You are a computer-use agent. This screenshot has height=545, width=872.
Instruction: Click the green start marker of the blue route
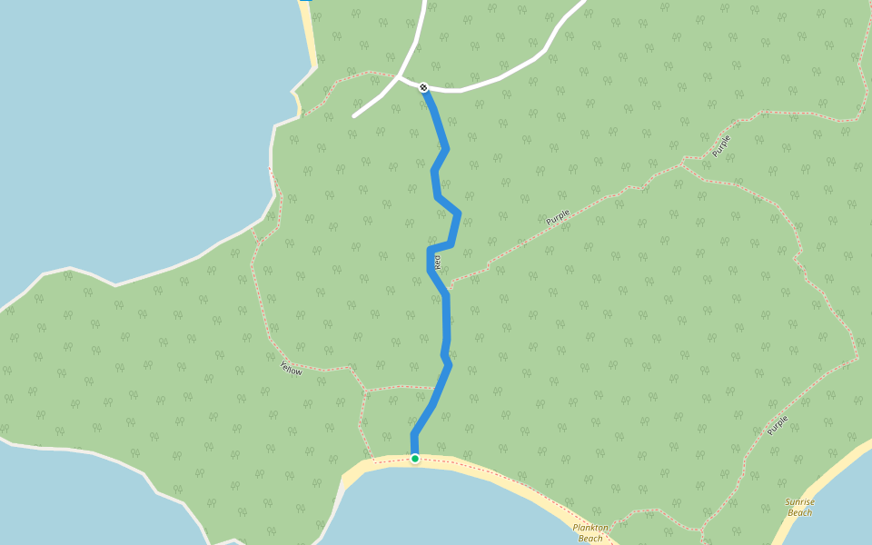pyautogui.click(x=415, y=459)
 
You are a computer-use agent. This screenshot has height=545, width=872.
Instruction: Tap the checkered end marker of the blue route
pyautogui.click(x=423, y=87)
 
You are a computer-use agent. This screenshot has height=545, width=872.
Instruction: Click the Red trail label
pyautogui.click(x=438, y=262)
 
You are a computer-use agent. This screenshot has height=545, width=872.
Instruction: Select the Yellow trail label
pyautogui.click(x=292, y=369)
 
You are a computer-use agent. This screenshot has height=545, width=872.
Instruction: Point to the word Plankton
pyautogui.click(x=590, y=527)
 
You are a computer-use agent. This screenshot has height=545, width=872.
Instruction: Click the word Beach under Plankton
pyautogui.click(x=590, y=538)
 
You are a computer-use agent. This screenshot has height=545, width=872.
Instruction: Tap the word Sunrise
pyautogui.click(x=800, y=502)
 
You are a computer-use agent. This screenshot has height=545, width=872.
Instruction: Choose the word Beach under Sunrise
pyautogui.click(x=800, y=512)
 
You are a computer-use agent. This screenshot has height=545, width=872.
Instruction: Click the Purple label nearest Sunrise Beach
pyautogui.click(x=777, y=424)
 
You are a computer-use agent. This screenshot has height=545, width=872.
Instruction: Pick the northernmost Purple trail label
pyautogui.click(x=721, y=145)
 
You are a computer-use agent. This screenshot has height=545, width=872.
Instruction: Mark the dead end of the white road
pyautogui.click(x=354, y=116)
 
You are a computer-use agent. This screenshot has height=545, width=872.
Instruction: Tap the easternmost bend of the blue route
pyautogui.click(x=459, y=213)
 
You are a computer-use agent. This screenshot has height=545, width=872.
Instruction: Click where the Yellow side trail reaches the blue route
pyautogui.click(x=436, y=388)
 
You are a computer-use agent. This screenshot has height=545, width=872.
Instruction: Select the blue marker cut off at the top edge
pyautogui.click(x=306, y=1)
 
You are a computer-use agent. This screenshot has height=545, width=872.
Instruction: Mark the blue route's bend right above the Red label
pyautogui.click(x=430, y=249)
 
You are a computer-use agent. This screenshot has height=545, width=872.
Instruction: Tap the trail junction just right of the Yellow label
pyautogui.click(x=349, y=367)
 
